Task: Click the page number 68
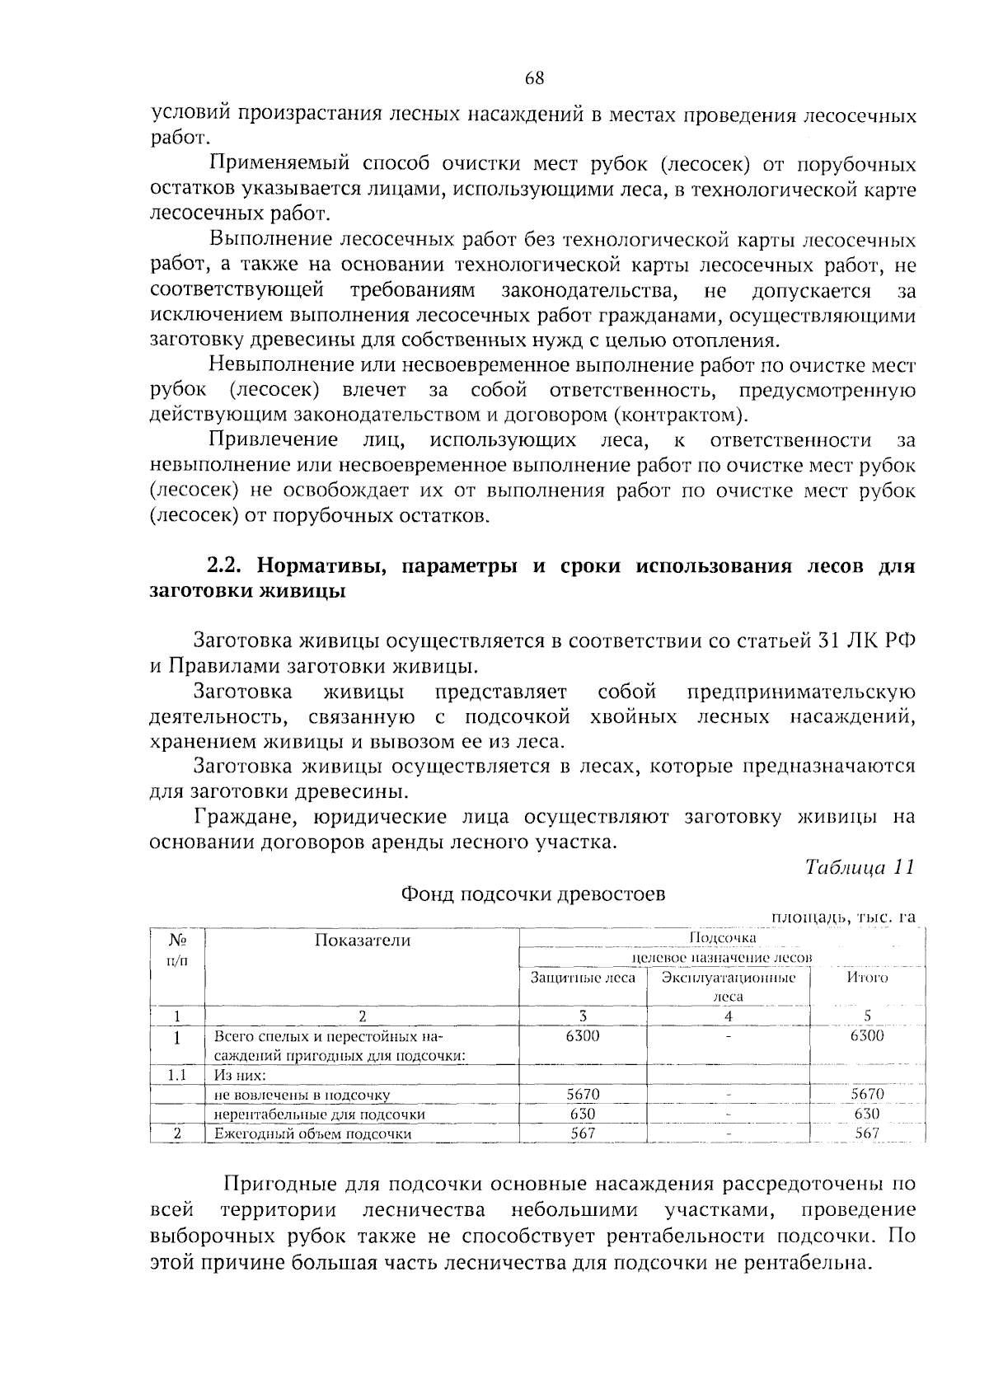click(x=534, y=79)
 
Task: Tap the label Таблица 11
click(x=860, y=868)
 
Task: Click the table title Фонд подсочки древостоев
click(x=532, y=894)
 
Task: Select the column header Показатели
click(x=362, y=941)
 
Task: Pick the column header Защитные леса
click(x=583, y=978)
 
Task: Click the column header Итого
click(x=867, y=978)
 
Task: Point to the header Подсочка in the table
click(x=722, y=938)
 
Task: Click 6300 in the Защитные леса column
click(x=583, y=1036)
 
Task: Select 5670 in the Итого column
click(x=867, y=1095)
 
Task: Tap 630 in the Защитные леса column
click(x=583, y=1114)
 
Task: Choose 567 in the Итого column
click(x=867, y=1133)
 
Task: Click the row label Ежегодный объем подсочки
click(x=312, y=1133)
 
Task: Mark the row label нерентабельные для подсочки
click(x=319, y=1114)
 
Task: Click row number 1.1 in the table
click(x=176, y=1075)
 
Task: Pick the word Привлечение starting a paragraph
click(x=274, y=439)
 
